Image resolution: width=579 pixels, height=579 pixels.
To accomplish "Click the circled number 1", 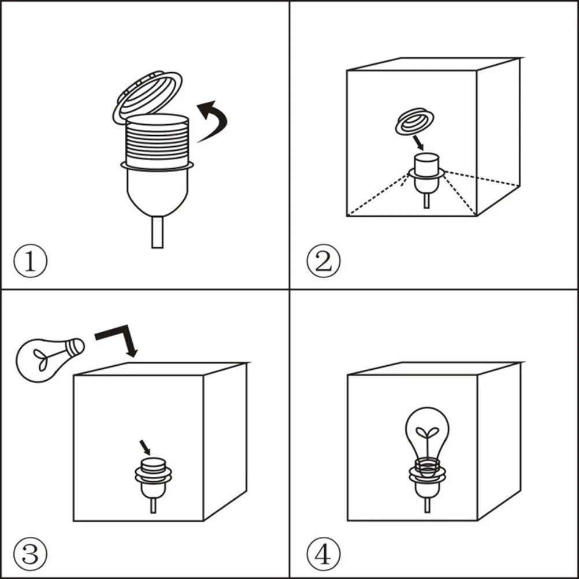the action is [30, 261].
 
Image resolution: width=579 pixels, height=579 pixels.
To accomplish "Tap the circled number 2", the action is [324, 261].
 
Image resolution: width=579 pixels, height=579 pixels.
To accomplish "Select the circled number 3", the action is [30, 554].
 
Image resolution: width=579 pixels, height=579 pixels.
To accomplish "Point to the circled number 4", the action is [324, 554].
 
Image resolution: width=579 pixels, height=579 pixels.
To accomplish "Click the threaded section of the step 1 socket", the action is [157, 141].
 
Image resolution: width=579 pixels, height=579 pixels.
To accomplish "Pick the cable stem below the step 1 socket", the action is [157, 232].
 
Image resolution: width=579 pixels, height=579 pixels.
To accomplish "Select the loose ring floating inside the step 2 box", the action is [414, 121].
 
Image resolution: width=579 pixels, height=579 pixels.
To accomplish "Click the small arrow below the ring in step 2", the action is [418, 143].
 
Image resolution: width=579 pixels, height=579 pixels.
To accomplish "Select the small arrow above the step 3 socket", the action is [144, 447].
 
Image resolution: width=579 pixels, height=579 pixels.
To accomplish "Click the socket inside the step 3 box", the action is [153, 484].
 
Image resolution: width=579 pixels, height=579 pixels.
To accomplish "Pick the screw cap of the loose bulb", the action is [75, 347].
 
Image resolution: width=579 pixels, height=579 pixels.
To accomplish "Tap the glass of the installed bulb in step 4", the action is [427, 432].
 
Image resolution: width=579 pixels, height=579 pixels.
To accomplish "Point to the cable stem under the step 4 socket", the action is [427, 505].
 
